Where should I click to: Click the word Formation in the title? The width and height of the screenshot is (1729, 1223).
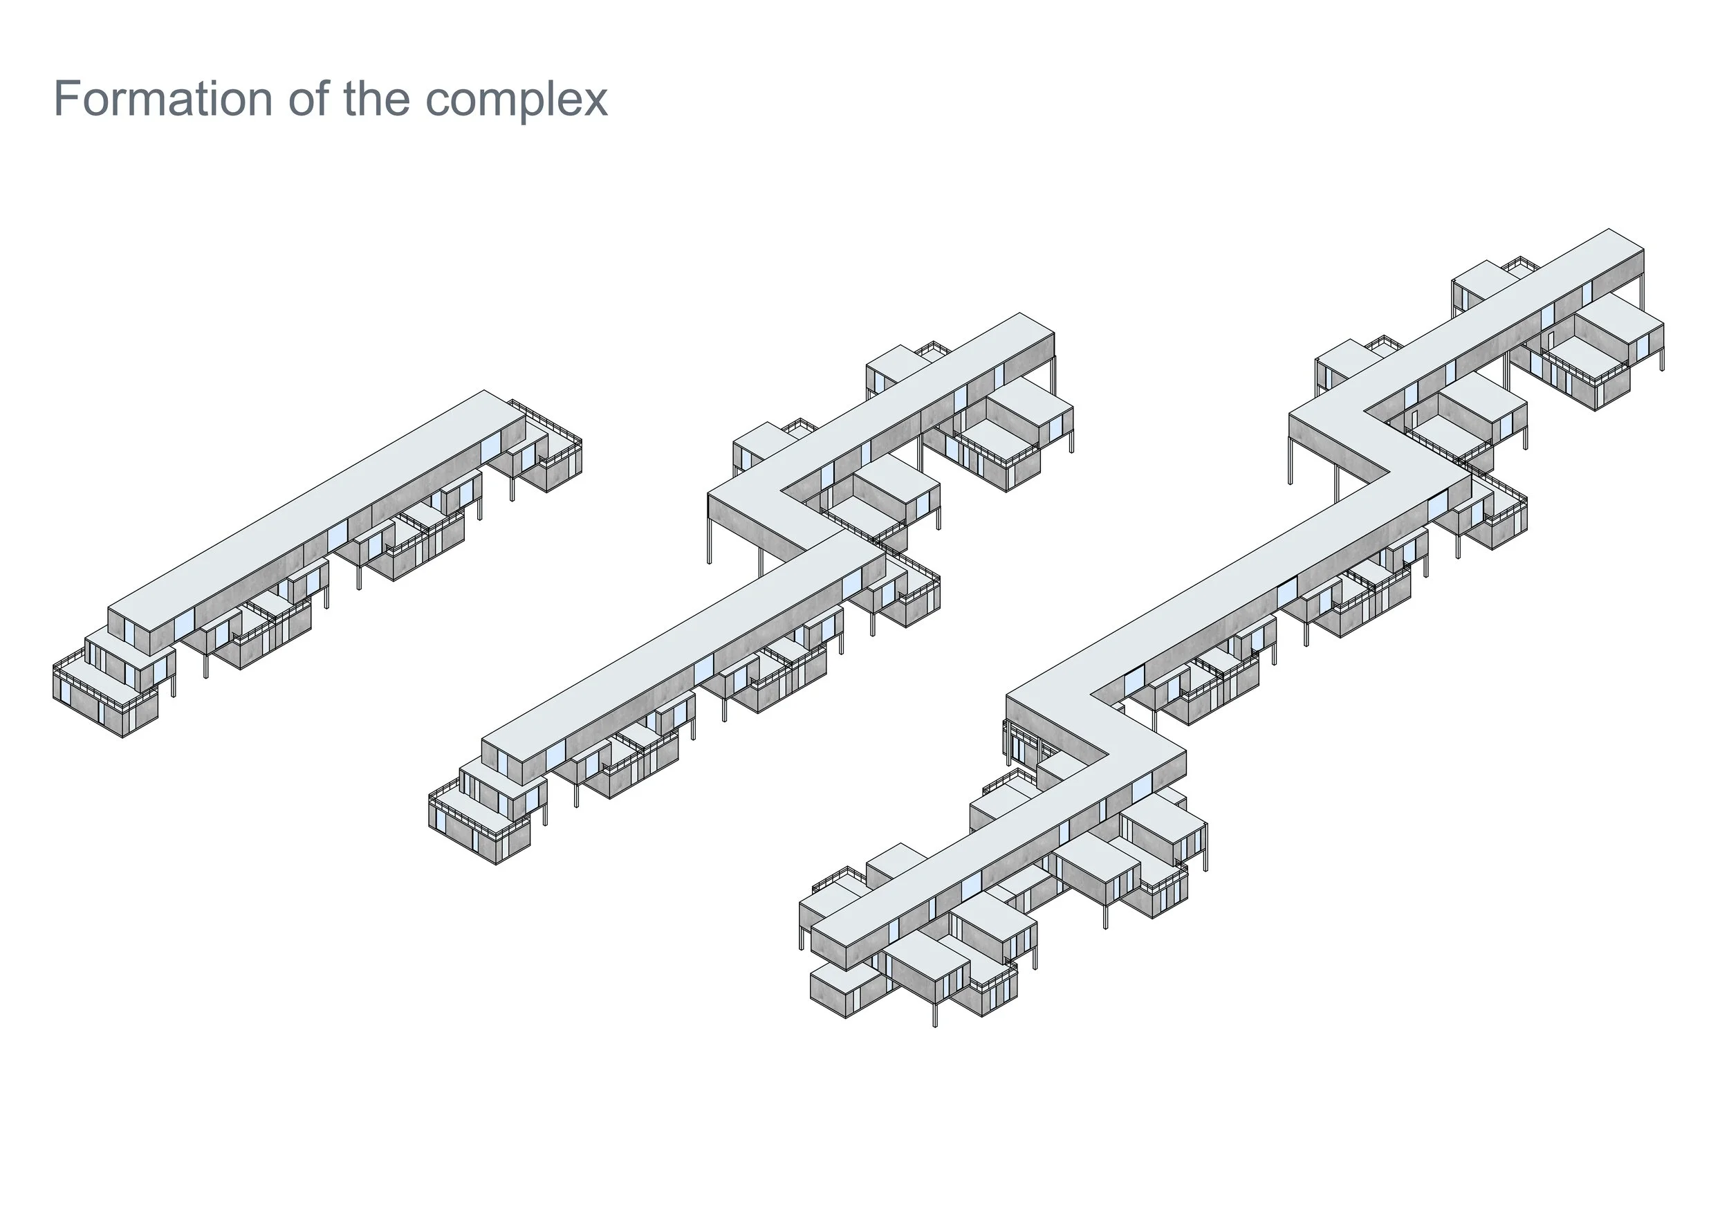(x=163, y=99)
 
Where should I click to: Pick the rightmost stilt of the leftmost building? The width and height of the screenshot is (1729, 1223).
(x=514, y=486)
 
